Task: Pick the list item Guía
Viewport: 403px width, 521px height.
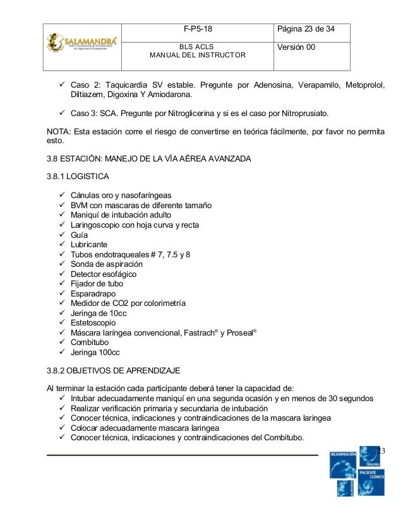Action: coord(80,235)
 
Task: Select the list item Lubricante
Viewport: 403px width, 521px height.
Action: coord(89,245)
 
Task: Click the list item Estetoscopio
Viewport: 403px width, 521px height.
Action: coord(93,322)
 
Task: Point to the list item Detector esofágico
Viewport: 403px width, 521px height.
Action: coord(103,274)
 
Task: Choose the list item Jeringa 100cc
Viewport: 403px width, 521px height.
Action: coord(95,351)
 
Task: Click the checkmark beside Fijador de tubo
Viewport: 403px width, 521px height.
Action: coord(61,284)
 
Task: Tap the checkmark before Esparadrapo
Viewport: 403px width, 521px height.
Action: coord(61,293)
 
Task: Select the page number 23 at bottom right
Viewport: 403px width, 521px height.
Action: coord(381,450)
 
